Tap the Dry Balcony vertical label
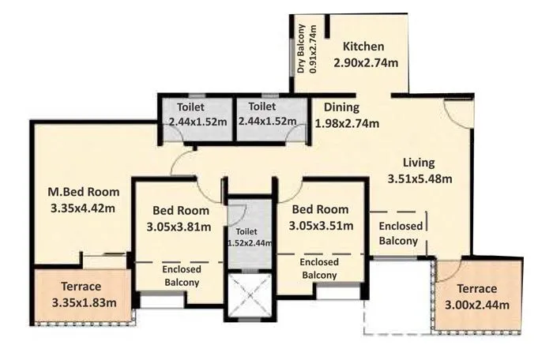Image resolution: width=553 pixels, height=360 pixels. point(307,49)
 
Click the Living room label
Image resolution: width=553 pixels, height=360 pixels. point(419,163)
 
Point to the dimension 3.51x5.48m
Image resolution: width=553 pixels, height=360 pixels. point(419,178)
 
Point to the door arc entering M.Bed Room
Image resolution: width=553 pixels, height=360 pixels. point(182,163)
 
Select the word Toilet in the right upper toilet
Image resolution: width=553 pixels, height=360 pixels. point(262,107)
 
